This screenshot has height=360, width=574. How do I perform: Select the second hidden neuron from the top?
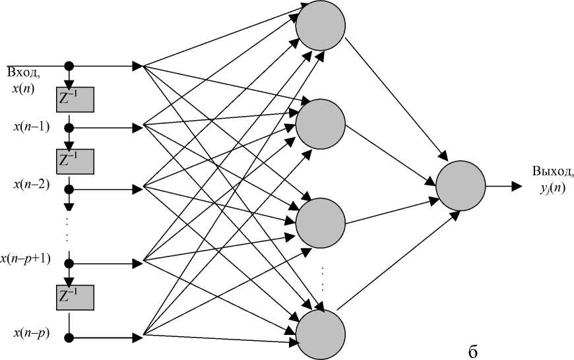click(x=321, y=123)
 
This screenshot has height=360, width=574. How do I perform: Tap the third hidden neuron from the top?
click(x=321, y=222)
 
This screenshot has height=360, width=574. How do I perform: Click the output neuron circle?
click(x=460, y=185)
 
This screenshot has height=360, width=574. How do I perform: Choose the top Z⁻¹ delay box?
click(x=76, y=99)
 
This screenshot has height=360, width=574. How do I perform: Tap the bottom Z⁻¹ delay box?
click(x=76, y=297)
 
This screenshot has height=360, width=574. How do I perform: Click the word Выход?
click(x=552, y=172)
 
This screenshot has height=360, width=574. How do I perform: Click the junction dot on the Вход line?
click(x=68, y=66)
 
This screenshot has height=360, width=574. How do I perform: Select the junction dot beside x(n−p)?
click(x=68, y=338)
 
